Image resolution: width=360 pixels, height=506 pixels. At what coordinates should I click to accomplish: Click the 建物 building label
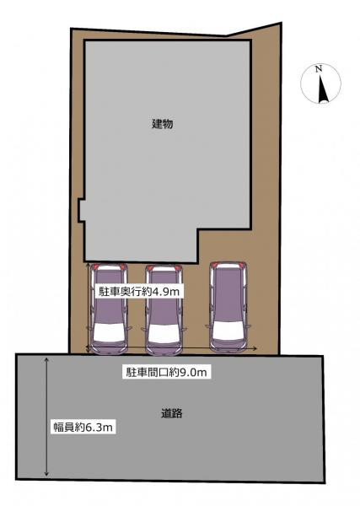point(162,124)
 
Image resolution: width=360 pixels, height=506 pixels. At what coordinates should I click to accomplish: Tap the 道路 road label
point(172,413)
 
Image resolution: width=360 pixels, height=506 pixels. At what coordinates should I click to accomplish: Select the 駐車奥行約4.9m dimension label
point(138,292)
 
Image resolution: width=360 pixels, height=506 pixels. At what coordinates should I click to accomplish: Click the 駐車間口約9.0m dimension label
point(166,373)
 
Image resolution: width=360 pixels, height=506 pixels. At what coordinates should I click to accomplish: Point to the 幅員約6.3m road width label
point(83,428)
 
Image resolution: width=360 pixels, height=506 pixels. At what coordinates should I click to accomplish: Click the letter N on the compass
point(319,69)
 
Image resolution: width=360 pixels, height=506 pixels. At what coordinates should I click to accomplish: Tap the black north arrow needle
point(322,88)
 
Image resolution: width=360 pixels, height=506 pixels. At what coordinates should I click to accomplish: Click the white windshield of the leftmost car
point(109,333)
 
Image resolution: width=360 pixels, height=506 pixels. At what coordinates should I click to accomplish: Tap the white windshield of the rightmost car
point(228,330)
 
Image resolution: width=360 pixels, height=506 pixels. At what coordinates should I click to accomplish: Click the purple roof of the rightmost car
point(228,294)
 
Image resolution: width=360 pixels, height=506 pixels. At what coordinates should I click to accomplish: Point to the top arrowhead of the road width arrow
point(47,360)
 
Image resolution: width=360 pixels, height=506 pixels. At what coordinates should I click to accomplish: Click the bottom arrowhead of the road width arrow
point(47,474)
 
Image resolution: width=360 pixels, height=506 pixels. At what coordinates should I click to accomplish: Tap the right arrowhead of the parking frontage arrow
point(255,348)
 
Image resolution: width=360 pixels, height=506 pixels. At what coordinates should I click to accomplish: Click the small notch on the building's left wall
point(81,210)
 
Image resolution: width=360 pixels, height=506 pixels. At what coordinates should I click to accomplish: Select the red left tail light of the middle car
point(150,267)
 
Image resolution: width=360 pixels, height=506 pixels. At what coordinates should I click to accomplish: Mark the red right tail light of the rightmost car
point(243,265)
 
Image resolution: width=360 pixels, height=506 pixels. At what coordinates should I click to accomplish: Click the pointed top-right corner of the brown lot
point(281,24)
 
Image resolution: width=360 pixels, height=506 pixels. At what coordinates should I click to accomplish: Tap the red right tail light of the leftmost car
point(123,266)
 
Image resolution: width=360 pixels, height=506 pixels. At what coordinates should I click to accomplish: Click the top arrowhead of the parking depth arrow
point(89,264)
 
